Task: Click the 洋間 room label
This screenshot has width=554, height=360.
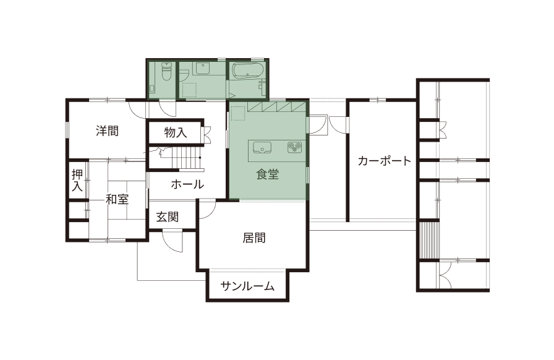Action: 107,131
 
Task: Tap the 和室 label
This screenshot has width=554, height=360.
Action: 116,199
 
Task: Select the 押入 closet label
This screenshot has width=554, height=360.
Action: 77,180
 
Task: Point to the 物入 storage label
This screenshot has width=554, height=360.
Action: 175,132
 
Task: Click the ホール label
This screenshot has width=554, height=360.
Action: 187,184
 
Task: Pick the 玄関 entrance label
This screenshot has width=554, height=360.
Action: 167,217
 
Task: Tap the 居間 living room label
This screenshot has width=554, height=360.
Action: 254,238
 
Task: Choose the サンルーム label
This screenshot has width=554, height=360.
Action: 247,286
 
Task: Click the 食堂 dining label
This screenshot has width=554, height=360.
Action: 268,174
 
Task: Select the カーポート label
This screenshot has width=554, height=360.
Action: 384,161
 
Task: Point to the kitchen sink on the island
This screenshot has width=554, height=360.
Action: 262,147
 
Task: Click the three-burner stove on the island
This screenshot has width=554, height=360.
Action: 293,147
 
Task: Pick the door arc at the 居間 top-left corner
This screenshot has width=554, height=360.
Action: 208,209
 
